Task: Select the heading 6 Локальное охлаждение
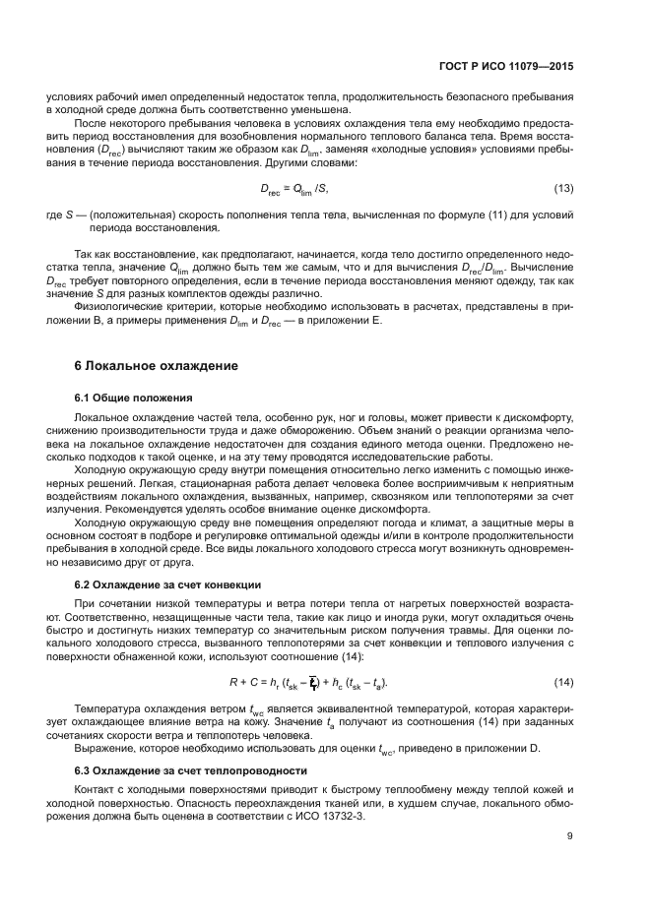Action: click(x=156, y=365)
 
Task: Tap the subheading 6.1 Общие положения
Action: click(x=133, y=398)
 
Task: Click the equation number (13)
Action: click(x=563, y=188)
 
